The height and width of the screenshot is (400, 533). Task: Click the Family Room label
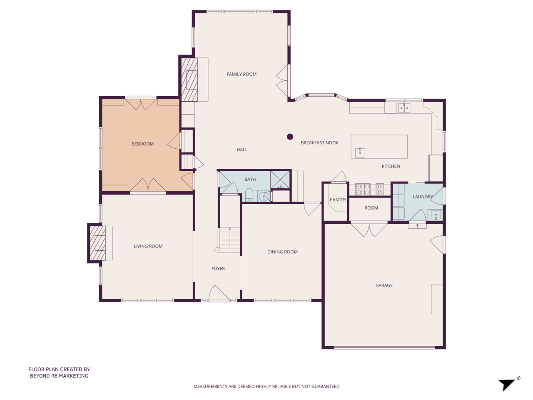click(x=242, y=74)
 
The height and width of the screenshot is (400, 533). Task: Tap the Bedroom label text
click(x=142, y=144)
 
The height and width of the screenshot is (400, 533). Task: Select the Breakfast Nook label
click(x=319, y=143)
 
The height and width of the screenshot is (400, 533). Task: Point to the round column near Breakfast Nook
click(x=290, y=137)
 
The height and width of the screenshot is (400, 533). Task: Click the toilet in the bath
click(x=249, y=195)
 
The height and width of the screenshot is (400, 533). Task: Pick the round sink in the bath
click(x=264, y=196)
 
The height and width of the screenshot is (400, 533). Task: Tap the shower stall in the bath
click(x=280, y=180)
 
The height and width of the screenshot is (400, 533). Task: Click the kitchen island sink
click(x=360, y=152)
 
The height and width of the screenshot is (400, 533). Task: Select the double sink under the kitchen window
click(x=404, y=108)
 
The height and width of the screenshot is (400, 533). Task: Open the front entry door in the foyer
click(x=218, y=293)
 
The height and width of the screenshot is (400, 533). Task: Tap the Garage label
click(x=384, y=286)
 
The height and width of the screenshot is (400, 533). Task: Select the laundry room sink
click(x=435, y=215)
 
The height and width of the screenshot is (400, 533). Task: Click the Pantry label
click(x=338, y=200)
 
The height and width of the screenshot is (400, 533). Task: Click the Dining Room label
click(x=282, y=252)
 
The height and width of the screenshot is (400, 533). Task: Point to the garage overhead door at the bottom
click(x=384, y=347)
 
